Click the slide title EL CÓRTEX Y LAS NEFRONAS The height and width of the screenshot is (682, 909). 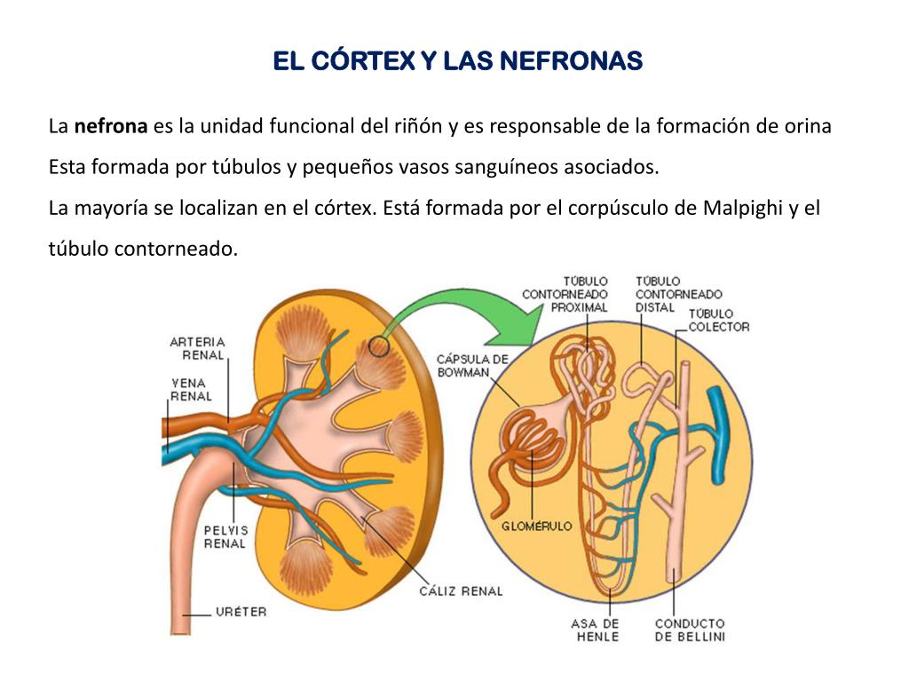pyautogui.click(x=456, y=61)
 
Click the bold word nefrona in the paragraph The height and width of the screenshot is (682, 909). pyautogui.click(x=110, y=126)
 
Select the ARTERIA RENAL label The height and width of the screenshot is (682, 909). pyautogui.click(x=197, y=348)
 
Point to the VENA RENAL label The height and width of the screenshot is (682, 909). pyautogui.click(x=191, y=390)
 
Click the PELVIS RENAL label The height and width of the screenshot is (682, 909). pyautogui.click(x=225, y=536)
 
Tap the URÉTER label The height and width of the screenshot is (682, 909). pyautogui.click(x=241, y=612)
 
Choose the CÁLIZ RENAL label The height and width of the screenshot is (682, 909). pyautogui.click(x=461, y=591)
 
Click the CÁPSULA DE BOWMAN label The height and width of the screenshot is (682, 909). pyautogui.click(x=472, y=366)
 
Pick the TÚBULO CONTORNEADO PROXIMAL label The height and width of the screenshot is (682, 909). pyautogui.click(x=565, y=294)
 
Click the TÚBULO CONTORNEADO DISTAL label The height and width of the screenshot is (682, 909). pyautogui.click(x=678, y=294)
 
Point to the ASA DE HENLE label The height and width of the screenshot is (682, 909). pyautogui.click(x=595, y=630)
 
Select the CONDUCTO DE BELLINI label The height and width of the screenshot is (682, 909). pyautogui.click(x=690, y=630)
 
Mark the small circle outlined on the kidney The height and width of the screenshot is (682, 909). pyautogui.click(x=379, y=346)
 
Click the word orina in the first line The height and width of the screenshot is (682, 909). pyautogui.click(x=807, y=126)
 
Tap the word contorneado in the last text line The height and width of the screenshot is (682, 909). pyautogui.click(x=176, y=250)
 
